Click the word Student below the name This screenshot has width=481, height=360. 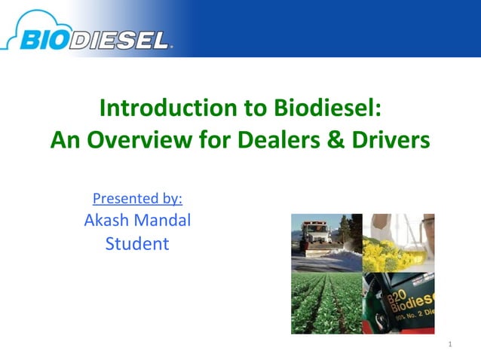pyautogui.click(x=137, y=244)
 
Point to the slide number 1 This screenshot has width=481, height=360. pyautogui.click(x=449, y=345)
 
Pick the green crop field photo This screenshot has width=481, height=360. pyautogui.click(x=326, y=301)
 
